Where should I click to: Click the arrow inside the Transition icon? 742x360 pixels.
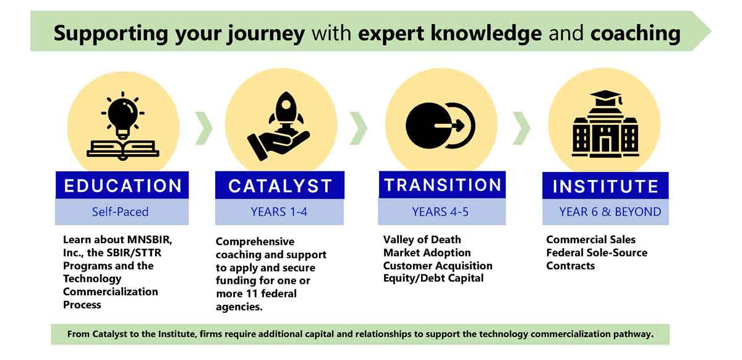pos(449,126)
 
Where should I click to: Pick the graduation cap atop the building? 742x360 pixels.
pos(605,98)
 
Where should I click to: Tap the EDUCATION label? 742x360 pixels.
pos(123,186)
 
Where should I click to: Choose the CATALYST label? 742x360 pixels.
pos(280,186)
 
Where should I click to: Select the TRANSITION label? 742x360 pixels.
pos(443,185)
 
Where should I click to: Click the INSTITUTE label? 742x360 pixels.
pos(605,186)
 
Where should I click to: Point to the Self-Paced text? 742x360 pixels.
pos(120,212)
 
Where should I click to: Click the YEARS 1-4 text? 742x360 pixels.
pos(279,212)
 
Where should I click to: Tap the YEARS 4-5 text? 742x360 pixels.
pos(440,212)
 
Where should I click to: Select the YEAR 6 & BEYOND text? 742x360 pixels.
pos(610,212)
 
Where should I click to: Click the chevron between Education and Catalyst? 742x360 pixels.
pos(203,128)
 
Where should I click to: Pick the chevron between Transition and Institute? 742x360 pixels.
pos(521,128)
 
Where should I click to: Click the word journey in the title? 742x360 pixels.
pos(266,34)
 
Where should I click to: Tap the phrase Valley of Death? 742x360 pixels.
pos(422,239)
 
